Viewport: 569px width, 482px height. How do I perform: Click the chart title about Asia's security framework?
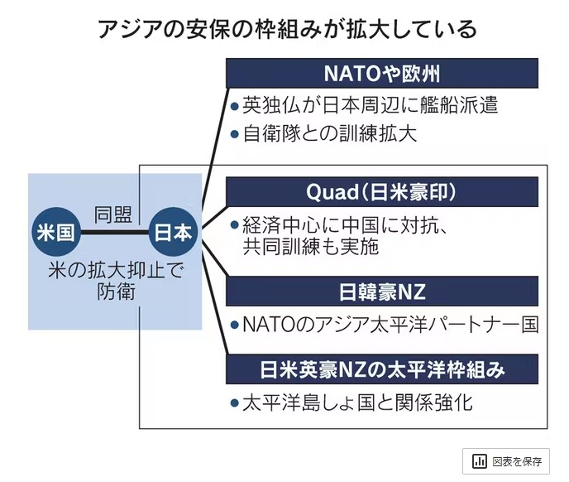[x=284, y=30]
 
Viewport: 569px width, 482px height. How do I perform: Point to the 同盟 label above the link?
[x=112, y=214]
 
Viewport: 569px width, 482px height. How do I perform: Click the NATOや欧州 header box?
[x=383, y=74]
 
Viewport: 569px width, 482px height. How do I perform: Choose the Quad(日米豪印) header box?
[x=383, y=193]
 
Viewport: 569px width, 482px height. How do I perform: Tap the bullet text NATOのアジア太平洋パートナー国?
[x=389, y=324]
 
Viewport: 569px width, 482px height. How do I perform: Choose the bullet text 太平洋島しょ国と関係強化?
[x=356, y=403]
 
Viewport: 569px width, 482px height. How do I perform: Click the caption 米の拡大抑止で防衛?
[x=113, y=282]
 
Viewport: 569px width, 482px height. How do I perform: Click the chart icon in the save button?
[x=480, y=461]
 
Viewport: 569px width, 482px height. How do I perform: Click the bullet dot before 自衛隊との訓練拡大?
[x=235, y=133]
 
